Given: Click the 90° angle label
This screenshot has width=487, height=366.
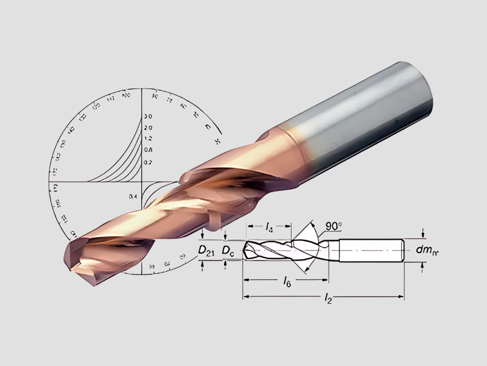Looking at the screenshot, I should tap(333, 226).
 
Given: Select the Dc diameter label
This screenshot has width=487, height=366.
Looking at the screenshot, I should tap(228, 250).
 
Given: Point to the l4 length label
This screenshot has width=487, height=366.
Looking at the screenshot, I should tap(269, 227).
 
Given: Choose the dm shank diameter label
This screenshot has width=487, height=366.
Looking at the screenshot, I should tap(428, 249).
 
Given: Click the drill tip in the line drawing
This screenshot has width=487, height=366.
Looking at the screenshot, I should tap(245, 249).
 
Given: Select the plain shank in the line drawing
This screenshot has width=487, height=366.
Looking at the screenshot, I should tap(371, 250).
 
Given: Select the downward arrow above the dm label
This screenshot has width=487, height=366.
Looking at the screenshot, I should tap(423, 235).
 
